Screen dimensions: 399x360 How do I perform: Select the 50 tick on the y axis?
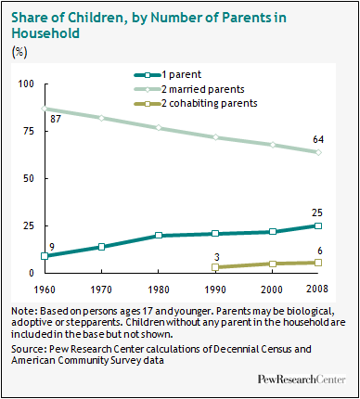25,178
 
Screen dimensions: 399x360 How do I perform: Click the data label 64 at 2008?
317,139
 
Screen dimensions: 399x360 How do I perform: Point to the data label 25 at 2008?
317,212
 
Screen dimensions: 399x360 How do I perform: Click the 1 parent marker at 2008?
319,225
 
